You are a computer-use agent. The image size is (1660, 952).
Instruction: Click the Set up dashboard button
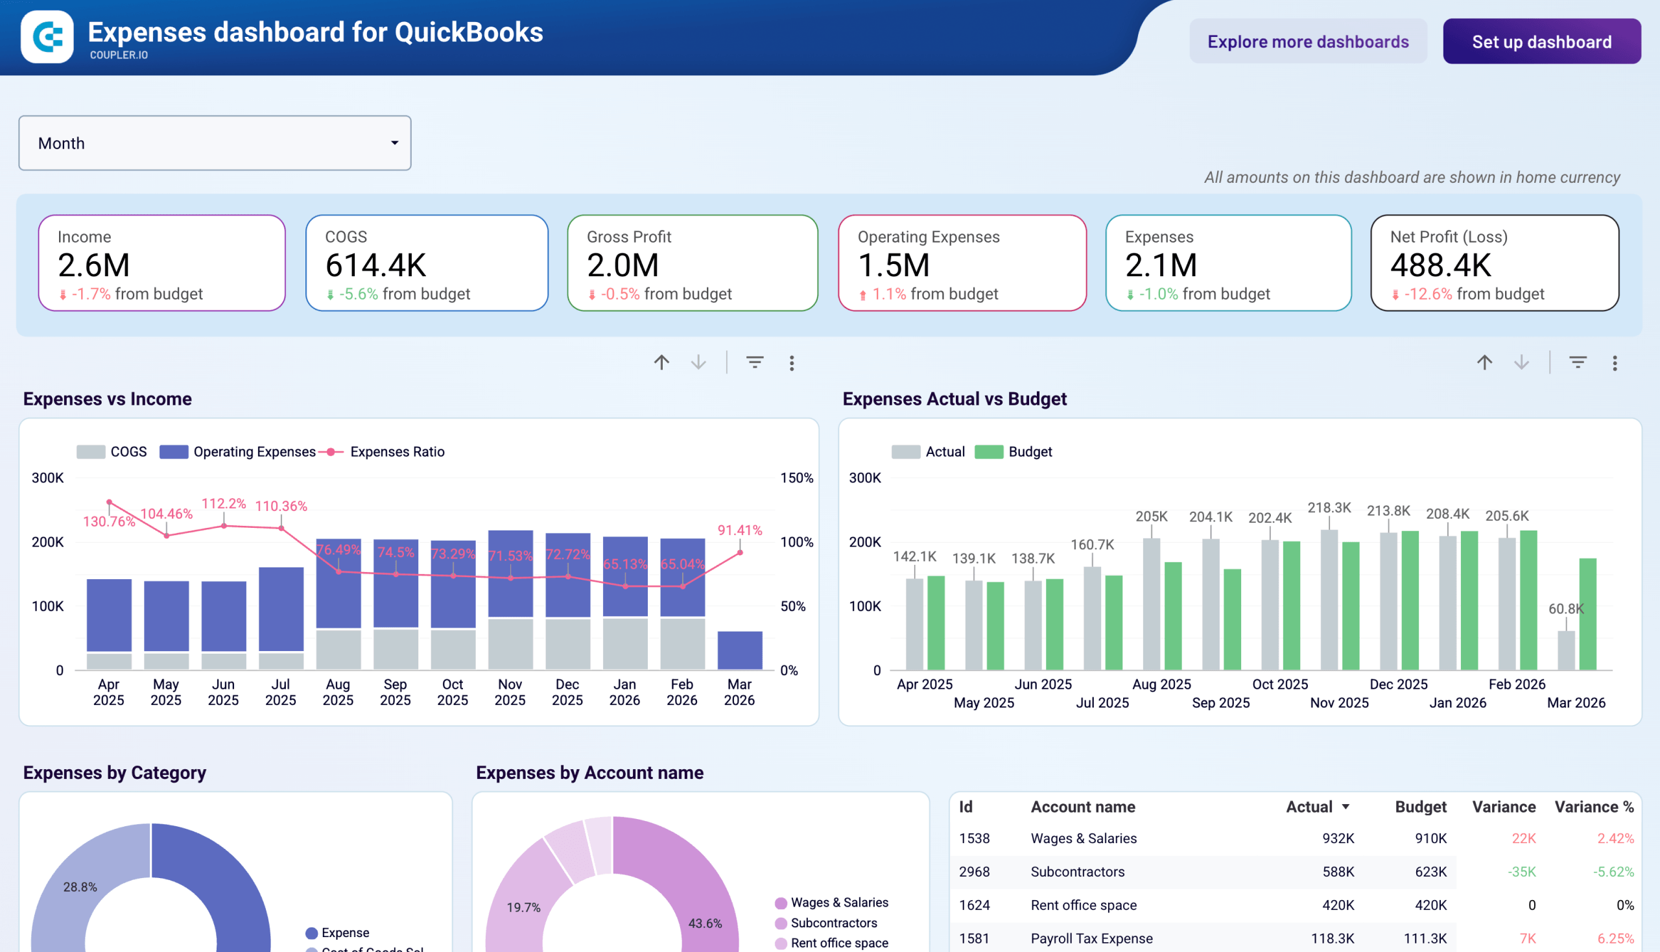tap(1541, 42)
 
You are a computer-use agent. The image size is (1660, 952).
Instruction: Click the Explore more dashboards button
tap(1308, 42)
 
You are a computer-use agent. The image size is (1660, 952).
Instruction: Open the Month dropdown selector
tap(215, 143)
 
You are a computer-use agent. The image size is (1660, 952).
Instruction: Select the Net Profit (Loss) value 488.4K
tap(1440, 265)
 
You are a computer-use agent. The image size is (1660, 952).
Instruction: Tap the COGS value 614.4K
tap(375, 265)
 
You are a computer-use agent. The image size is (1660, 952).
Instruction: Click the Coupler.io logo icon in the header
tap(47, 36)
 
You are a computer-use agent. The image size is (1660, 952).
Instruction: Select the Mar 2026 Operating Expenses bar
tap(739, 650)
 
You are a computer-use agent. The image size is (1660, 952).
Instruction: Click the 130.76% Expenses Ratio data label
tap(108, 522)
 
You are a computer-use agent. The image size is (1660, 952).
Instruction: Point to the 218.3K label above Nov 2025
tap(1329, 507)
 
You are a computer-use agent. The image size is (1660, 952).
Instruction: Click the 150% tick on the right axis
tap(796, 478)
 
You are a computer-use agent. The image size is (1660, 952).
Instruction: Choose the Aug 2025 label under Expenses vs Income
tap(337, 692)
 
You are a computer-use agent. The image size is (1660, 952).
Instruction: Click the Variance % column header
tap(1593, 807)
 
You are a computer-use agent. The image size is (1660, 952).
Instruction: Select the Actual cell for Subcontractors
tap(1338, 872)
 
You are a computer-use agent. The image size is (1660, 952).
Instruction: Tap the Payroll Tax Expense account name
tap(1091, 938)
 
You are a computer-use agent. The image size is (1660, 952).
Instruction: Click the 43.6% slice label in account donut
tap(705, 923)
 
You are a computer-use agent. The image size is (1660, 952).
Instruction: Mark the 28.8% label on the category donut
tap(80, 887)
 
